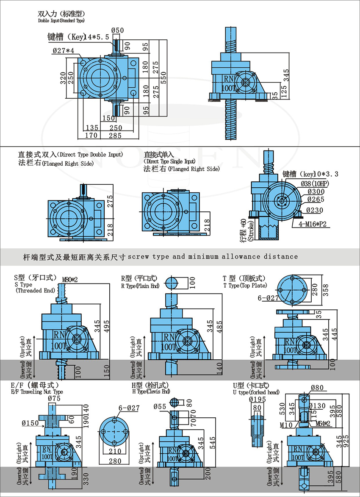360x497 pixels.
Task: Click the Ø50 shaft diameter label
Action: [118, 30]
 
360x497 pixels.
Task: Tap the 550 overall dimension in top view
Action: [162, 77]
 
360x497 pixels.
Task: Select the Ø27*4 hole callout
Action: [63, 50]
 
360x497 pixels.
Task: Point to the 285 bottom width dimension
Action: [114, 136]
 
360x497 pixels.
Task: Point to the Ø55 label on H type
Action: [159, 406]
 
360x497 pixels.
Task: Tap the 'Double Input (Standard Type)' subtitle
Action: [61, 20]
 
